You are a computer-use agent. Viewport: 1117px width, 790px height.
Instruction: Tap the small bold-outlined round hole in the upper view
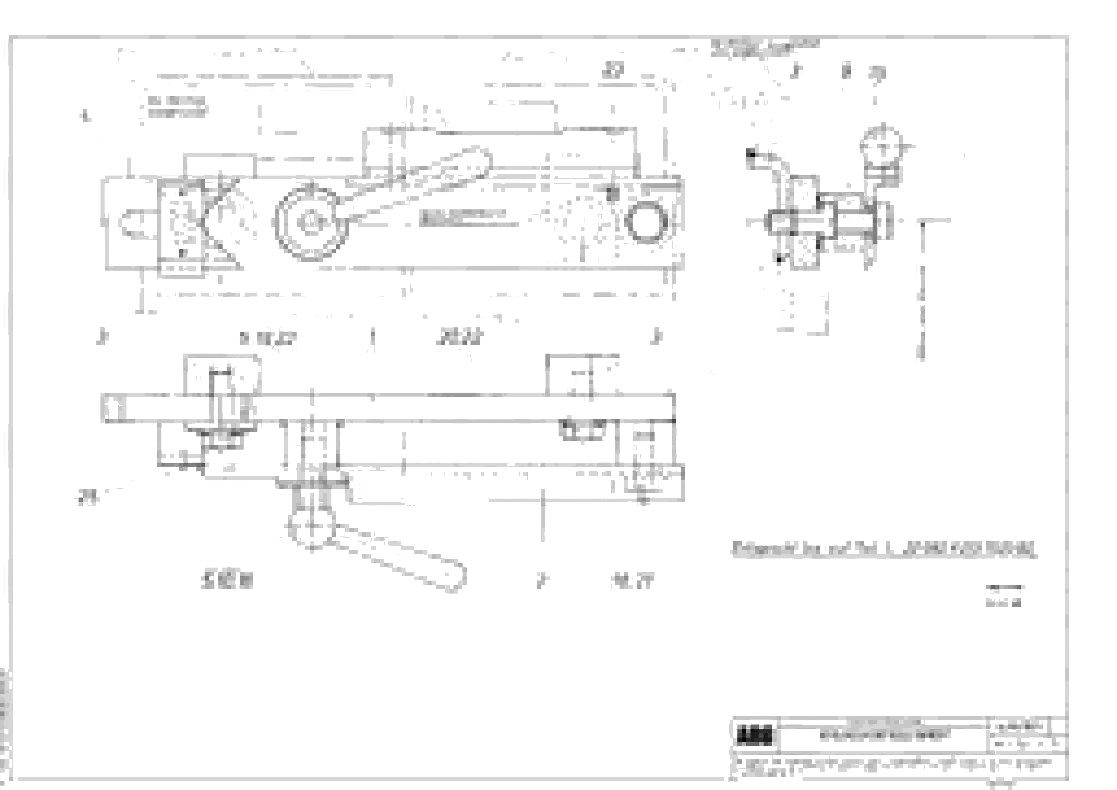pos(646,222)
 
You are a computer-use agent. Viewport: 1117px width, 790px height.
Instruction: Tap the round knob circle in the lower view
pos(311,525)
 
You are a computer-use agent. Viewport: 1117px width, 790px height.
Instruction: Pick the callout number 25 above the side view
pos(877,73)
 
